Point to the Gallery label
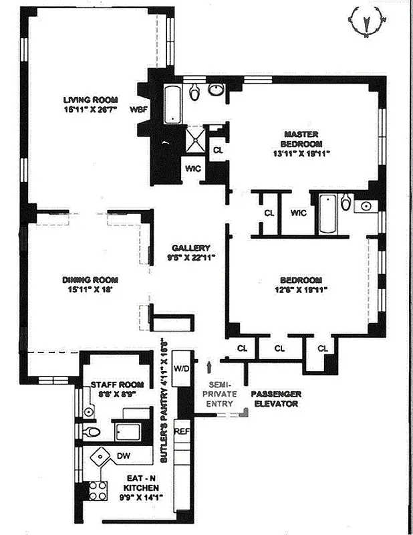[x=190, y=251]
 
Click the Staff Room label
[x=118, y=389]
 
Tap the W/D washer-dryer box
[x=182, y=369]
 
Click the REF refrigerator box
[x=182, y=432]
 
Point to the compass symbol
[x=367, y=21]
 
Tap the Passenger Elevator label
[x=276, y=399]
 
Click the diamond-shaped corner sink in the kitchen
[x=102, y=458]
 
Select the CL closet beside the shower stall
[x=217, y=149]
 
